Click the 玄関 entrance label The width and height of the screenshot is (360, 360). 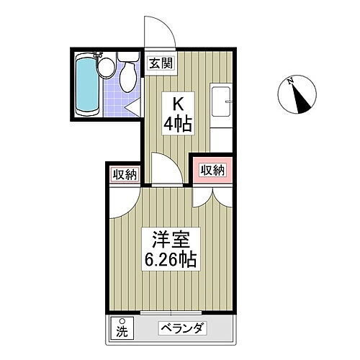(x=161, y=63)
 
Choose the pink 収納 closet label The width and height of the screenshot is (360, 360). (x=212, y=170)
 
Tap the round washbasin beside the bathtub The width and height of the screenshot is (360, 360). (x=107, y=69)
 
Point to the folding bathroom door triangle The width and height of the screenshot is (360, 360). (x=134, y=108)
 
